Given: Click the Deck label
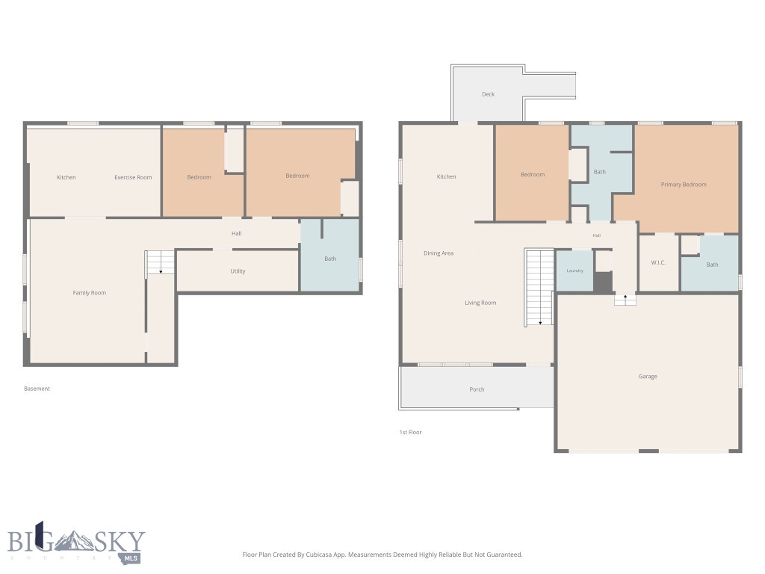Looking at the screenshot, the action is pyautogui.click(x=488, y=94).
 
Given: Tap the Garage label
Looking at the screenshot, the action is pyautogui.click(x=648, y=377).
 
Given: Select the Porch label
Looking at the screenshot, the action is pyautogui.click(x=477, y=389).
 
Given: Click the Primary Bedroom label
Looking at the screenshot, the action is pyautogui.click(x=684, y=185).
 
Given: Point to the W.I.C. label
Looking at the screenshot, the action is pyautogui.click(x=658, y=262).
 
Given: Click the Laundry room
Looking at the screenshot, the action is pyautogui.click(x=574, y=271).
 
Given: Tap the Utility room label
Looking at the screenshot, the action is pyautogui.click(x=238, y=271).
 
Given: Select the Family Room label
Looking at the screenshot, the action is pyautogui.click(x=90, y=293).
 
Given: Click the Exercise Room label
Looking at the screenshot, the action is pyautogui.click(x=133, y=177).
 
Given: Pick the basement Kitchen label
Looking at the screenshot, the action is pyautogui.click(x=66, y=177).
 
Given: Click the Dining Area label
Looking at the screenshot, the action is pyautogui.click(x=439, y=253).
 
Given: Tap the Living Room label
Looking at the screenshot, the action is pyautogui.click(x=480, y=303).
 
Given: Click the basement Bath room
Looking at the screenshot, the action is pyautogui.click(x=329, y=255).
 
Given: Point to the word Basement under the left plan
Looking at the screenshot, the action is pyautogui.click(x=37, y=389).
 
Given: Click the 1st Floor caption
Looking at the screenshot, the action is pyautogui.click(x=410, y=432).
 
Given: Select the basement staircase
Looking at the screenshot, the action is pyautogui.click(x=160, y=262).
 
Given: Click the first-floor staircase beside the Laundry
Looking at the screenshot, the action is pyautogui.click(x=539, y=287).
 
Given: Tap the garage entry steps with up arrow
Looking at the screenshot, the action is pyautogui.click(x=625, y=299).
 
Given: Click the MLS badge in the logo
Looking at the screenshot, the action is pyautogui.click(x=131, y=558).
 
